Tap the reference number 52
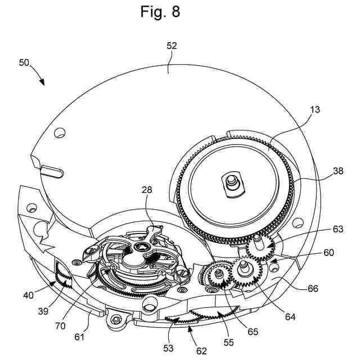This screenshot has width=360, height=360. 172,46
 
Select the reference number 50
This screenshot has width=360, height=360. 25,63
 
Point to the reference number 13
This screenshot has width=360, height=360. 314,110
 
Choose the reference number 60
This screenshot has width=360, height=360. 328,253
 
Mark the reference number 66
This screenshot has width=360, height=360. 313,289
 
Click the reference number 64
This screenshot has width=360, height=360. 290,317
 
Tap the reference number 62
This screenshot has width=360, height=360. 201,351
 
